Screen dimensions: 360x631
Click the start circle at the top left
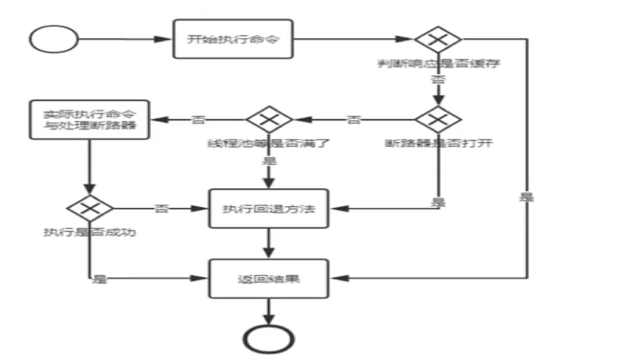point(54,39)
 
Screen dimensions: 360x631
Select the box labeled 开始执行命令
point(233,39)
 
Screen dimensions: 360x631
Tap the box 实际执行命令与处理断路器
point(89,119)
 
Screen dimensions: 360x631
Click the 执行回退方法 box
point(269,209)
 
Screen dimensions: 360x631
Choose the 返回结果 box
point(269,279)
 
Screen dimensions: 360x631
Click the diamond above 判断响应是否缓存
point(438,39)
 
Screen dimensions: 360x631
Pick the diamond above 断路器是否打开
point(438,119)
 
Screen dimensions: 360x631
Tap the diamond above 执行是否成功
point(90,209)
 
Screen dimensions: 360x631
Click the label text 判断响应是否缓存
point(438,63)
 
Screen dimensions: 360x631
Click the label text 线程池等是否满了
point(269,144)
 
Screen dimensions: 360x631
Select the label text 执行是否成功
point(89,233)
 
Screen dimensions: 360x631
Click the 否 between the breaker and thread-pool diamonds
point(353,120)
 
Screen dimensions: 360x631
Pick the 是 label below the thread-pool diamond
point(269,161)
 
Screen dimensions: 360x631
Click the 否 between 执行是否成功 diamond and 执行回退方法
point(161,209)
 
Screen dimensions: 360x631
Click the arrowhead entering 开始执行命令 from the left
point(166,39)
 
